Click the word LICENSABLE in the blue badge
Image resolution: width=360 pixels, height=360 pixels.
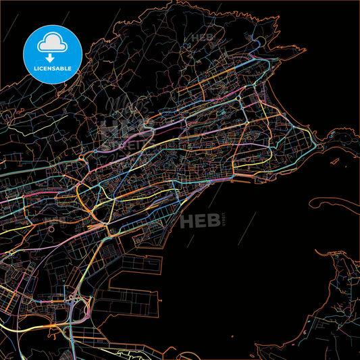click(52, 69)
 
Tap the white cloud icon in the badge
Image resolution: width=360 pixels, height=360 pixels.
click(52, 43)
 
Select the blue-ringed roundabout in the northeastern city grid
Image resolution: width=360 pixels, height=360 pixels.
click(239, 99)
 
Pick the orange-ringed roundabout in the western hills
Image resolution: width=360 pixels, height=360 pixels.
click(82, 159)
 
